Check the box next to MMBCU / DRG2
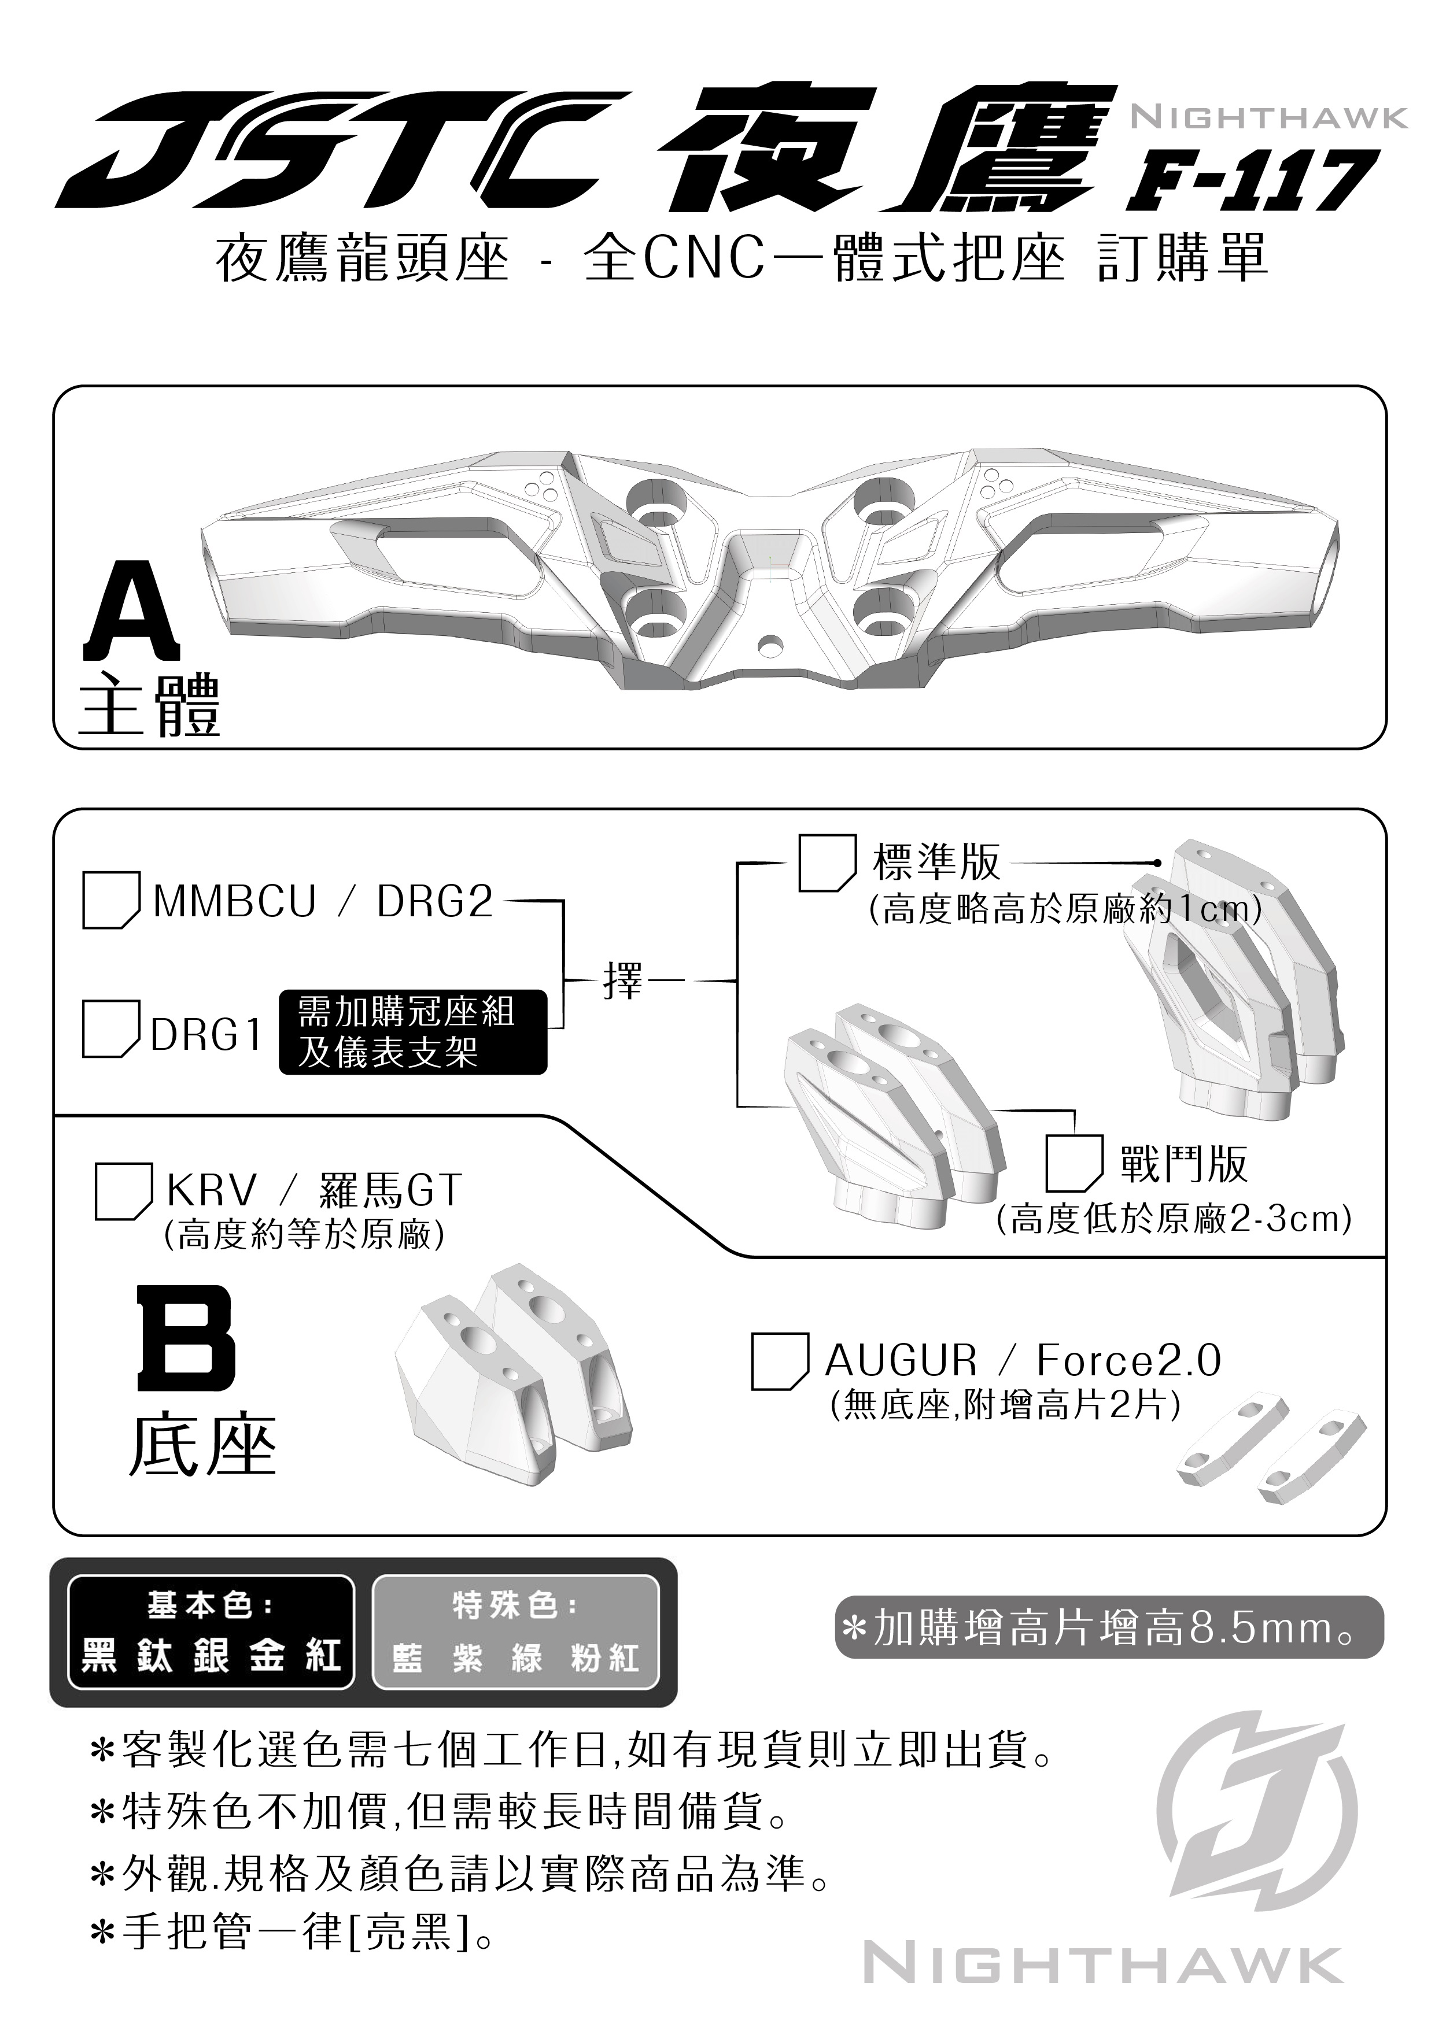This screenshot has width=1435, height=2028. (x=110, y=900)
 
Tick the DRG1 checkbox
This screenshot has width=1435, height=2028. (x=110, y=1028)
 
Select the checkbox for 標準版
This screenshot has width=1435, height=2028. (x=827, y=863)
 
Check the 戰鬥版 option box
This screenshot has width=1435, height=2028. (x=1074, y=1163)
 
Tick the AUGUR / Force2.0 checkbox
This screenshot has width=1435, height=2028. (x=779, y=1361)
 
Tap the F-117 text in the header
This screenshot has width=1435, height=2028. (x=1254, y=180)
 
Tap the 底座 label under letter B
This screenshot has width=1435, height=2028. (x=203, y=1448)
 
